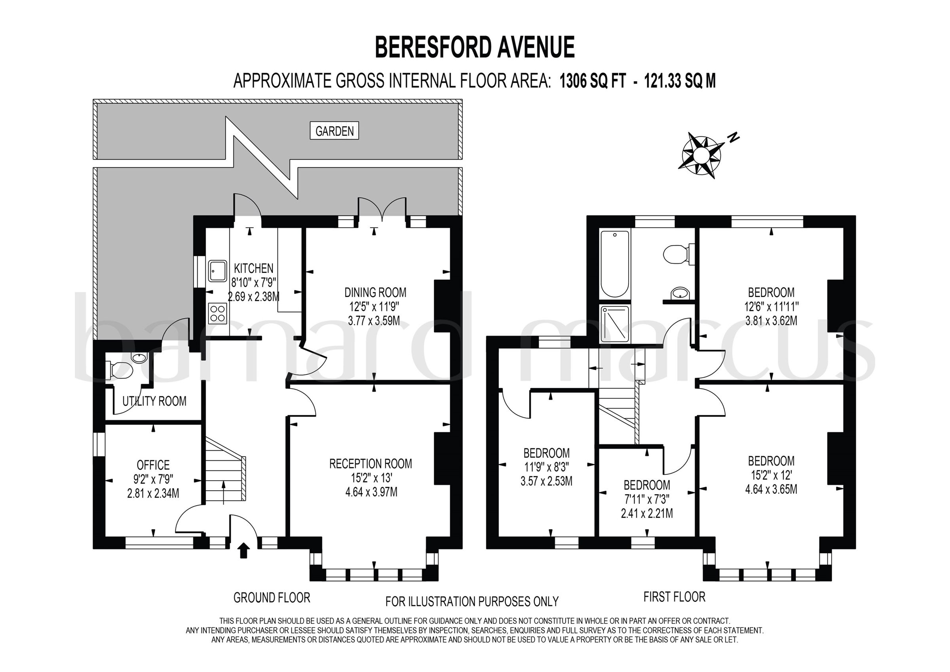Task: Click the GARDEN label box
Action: coord(334,131)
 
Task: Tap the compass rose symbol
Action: coord(701,156)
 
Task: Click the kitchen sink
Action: coord(217,270)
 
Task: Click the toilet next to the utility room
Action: coord(122,370)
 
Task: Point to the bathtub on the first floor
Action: coord(614,264)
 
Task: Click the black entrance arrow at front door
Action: coord(244,550)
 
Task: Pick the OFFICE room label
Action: coord(153,465)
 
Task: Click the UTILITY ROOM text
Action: coord(154,401)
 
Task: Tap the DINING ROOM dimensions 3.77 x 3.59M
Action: coord(374,320)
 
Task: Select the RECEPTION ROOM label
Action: coord(370,463)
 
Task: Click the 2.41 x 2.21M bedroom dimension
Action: coord(647,514)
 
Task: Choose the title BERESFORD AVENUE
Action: coord(475,48)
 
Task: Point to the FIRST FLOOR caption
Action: coord(674,597)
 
